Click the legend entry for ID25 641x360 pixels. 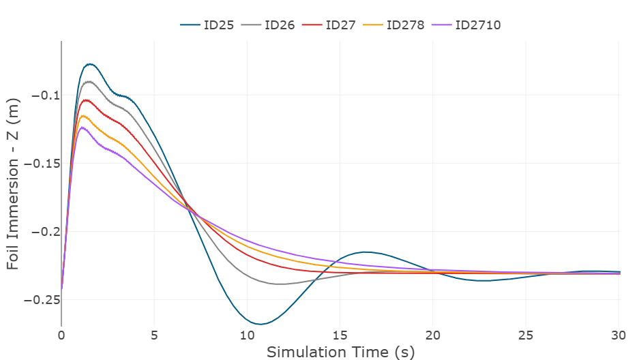coord(209,25)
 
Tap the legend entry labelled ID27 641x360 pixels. coord(332,25)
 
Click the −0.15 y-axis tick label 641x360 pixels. coord(38,164)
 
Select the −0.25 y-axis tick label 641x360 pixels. coord(38,300)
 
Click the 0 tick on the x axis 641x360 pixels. coord(61,335)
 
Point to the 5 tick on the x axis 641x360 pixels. coord(154,335)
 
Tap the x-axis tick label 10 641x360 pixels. coord(247,335)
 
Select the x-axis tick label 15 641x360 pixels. coord(340,335)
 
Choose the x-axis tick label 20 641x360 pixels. coord(433,335)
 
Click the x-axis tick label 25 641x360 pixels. coord(526,335)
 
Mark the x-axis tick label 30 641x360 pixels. coord(618,335)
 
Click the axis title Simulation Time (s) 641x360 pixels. coord(340,352)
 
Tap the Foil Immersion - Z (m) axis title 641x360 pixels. coord(14,183)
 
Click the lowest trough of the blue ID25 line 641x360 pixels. coord(260,324)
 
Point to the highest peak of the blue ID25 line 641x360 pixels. coord(89,64)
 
